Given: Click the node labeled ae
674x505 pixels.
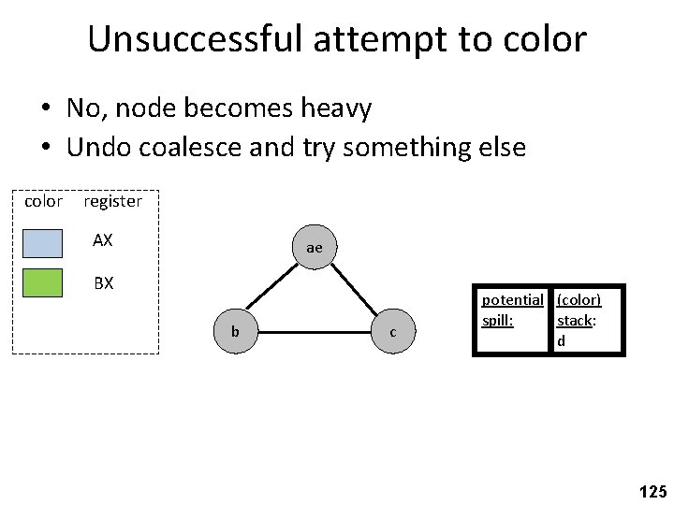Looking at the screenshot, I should point(314,248).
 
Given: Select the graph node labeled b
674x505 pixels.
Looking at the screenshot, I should point(235,332).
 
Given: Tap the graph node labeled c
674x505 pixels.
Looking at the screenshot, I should point(392,332).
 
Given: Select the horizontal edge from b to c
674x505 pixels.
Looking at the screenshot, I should point(314,332).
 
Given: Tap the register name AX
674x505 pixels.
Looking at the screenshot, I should point(103,240).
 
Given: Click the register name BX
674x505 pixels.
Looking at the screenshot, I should point(103,281).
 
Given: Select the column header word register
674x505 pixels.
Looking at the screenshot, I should point(112,201).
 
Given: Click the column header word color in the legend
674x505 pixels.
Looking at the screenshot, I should point(43,201).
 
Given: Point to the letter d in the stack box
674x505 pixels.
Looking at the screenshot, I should point(561,340).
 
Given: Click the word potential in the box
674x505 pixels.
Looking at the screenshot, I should point(511,300).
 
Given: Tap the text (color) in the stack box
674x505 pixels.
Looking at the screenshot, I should point(579,300).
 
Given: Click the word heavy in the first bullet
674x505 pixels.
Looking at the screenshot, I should point(334,108).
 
